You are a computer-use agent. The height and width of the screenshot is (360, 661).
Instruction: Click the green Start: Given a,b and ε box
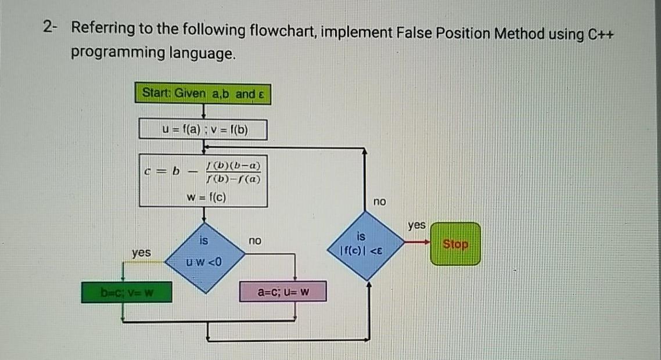pyautogui.click(x=203, y=93)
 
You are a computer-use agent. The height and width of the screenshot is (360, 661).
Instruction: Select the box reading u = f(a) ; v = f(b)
pyautogui.click(x=203, y=129)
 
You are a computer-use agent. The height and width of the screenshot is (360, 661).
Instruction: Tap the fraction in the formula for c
pyautogui.click(x=232, y=172)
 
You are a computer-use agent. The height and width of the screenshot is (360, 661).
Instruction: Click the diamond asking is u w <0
pyautogui.click(x=203, y=255)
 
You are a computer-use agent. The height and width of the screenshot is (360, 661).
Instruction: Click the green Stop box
pyautogui.click(x=455, y=244)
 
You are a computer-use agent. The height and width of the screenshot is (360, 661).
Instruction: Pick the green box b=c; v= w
pyautogui.click(x=127, y=291)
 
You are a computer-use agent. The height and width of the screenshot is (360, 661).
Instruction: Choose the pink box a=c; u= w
pyautogui.click(x=283, y=291)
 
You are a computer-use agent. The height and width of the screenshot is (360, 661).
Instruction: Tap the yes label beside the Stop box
pyautogui.click(x=416, y=225)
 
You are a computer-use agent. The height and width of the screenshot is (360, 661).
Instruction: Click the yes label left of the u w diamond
pyautogui.click(x=141, y=253)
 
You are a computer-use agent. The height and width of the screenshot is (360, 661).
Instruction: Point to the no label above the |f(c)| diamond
pyautogui.click(x=379, y=201)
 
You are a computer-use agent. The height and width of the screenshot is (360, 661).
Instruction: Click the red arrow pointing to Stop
pyautogui.click(x=417, y=243)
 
